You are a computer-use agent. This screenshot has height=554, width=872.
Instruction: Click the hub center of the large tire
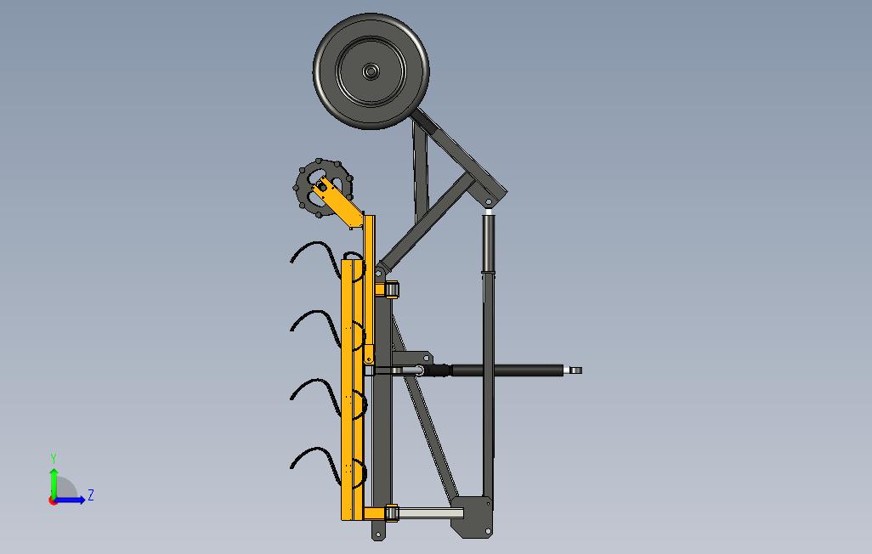click(x=371, y=71)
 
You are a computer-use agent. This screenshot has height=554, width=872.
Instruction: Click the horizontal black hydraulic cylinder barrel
click(x=507, y=370)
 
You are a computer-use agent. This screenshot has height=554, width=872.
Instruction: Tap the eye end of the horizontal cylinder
click(x=575, y=370)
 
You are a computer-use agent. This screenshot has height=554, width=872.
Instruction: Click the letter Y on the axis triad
click(x=54, y=458)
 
